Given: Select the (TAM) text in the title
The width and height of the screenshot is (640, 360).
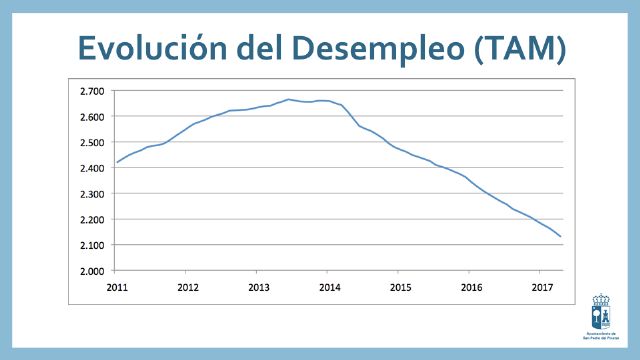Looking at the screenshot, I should [x=519, y=46].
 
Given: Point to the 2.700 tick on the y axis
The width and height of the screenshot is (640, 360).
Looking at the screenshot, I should [x=91, y=91].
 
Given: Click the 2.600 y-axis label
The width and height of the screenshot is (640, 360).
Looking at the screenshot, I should [x=91, y=117].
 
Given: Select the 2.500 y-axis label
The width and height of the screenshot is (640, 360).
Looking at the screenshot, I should [x=91, y=143].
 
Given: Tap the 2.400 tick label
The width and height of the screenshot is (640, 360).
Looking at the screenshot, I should [x=91, y=168].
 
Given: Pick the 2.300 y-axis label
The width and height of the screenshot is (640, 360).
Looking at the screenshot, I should [x=91, y=194].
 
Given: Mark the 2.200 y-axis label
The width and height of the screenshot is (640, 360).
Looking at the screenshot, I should [x=91, y=220].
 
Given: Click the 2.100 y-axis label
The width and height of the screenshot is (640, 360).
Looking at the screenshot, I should [x=91, y=245].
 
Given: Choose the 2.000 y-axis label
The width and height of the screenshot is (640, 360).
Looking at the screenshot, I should [x=91, y=271].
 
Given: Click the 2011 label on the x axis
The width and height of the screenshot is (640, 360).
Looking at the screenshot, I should [x=117, y=287].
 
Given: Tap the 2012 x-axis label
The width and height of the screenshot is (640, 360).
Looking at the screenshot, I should [x=187, y=287].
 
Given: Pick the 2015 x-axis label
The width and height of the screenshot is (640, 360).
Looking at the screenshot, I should [x=399, y=287].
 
